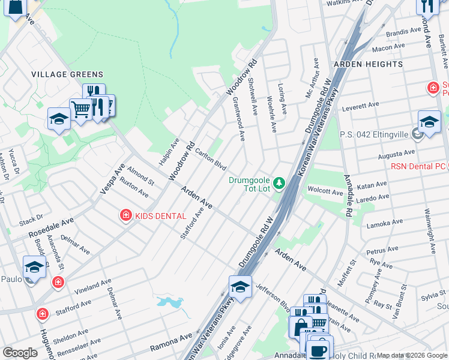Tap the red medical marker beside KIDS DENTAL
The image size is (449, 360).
click(125, 214)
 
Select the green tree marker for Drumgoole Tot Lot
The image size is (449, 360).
click(279, 182)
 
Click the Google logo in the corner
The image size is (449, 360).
click(20, 353)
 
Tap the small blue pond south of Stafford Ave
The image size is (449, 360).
click(170, 302)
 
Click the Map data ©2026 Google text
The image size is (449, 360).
click(412, 355)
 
